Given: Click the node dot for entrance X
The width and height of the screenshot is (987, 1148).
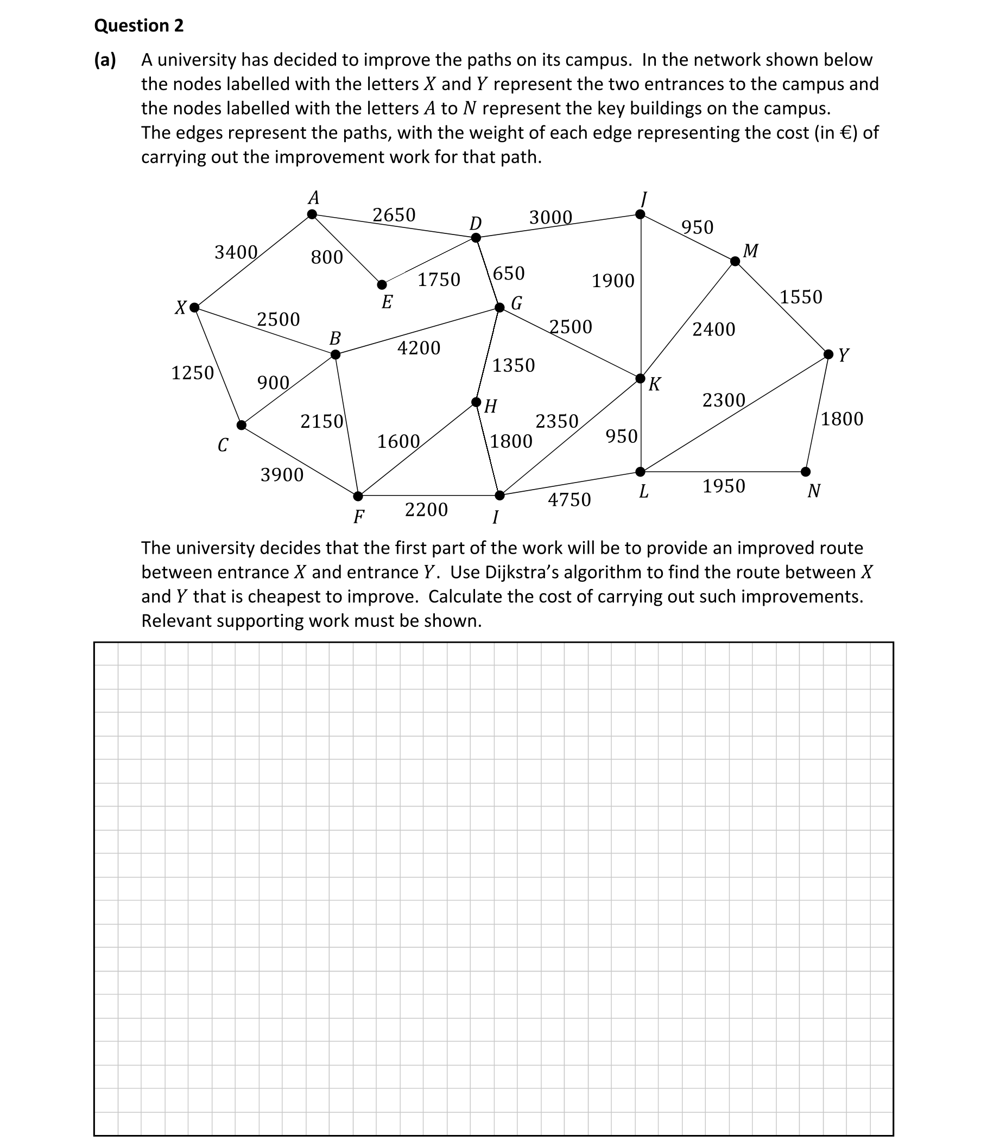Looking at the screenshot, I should coord(194,308).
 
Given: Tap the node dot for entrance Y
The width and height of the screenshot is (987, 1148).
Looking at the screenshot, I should coord(828,354).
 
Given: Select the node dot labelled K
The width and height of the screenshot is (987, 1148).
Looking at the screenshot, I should coord(640,378).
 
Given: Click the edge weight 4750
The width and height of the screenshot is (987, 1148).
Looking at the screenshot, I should coord(569,500).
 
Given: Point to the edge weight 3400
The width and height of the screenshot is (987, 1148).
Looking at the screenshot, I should coord(236,252).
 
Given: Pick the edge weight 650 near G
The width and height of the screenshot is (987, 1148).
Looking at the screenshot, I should coord(508,273).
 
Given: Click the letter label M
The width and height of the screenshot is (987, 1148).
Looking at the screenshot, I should coord(750,251).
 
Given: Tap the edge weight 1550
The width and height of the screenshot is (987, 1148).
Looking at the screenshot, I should coord(801,297).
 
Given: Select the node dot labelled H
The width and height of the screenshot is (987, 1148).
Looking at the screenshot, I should coord(476,402).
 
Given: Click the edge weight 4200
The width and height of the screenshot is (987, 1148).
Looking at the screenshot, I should coord(419,348).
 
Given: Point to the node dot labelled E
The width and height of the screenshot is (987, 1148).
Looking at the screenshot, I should coord(382,285).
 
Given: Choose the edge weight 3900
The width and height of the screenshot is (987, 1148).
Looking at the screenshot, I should coord(282,475).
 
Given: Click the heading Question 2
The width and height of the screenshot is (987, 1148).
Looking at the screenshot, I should coord(138,26).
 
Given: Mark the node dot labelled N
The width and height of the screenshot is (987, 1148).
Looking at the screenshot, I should coord(805,472).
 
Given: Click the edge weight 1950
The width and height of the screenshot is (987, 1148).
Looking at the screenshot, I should coord(723,486).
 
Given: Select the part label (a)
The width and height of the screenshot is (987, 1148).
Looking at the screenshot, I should coord(105,60).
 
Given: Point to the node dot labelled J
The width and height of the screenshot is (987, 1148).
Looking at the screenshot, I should coord(640,214).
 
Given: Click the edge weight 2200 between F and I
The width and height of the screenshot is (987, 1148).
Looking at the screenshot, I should coord(426,509).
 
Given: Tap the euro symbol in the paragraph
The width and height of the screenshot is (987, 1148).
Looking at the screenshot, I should coord(846,133).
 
